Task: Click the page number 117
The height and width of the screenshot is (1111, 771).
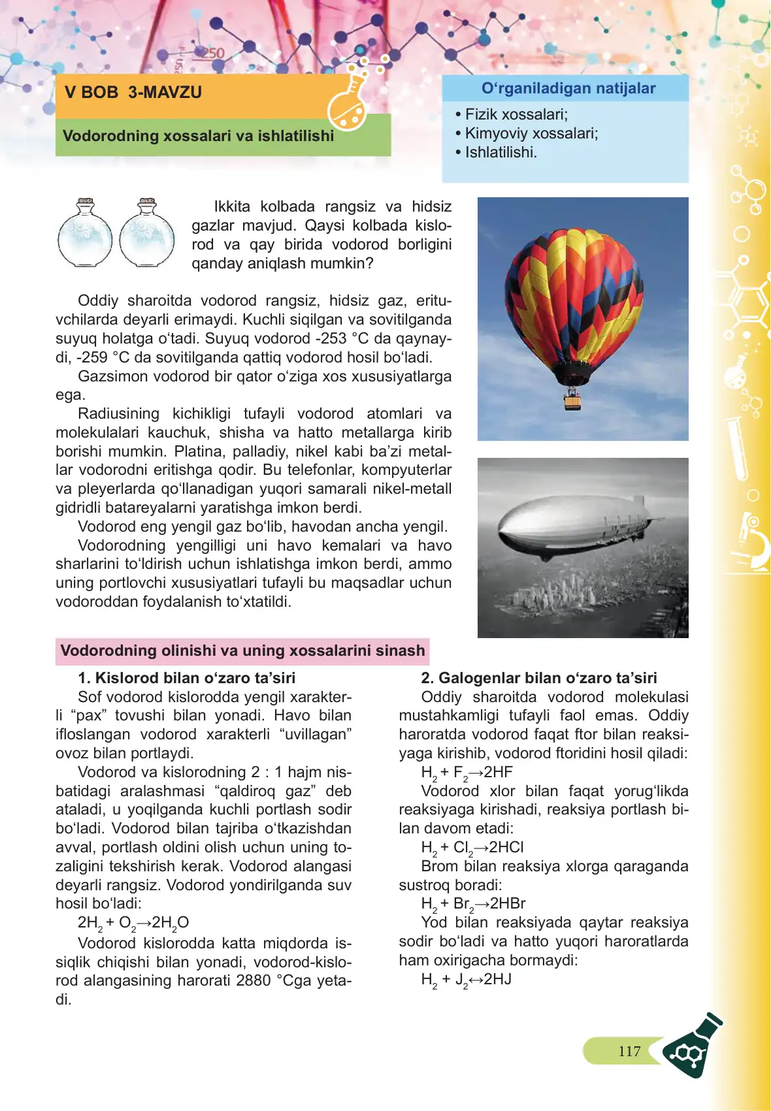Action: (629, 1051)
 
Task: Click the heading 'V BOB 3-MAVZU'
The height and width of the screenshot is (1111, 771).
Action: (133, 93)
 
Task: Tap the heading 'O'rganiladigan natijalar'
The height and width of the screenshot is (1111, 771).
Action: (568, 89)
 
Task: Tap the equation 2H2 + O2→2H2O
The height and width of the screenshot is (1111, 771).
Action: (133, 923)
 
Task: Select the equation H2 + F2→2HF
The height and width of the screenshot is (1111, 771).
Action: (467, 773)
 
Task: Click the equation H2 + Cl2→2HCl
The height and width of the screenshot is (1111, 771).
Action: (472, 848)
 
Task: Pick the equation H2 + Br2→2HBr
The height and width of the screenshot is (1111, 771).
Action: (473, 904)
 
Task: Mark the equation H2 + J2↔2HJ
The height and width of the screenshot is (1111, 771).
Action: (466, 980)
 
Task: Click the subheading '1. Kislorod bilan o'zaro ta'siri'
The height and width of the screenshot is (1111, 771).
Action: (186, 678)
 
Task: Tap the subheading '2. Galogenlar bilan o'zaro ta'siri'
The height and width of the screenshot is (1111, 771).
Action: (538, 678)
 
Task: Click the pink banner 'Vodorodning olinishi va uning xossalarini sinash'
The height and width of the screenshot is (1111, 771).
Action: (242, 651)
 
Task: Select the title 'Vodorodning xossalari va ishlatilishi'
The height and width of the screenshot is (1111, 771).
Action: (198, 136)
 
